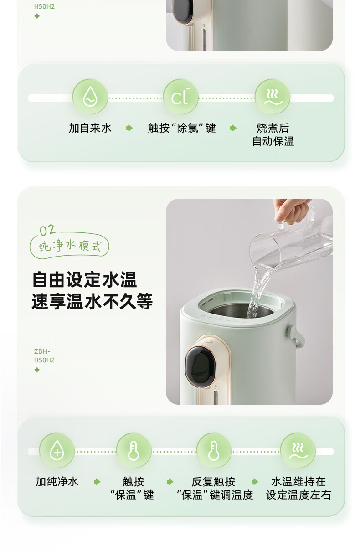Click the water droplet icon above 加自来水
90,97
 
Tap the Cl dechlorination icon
181,97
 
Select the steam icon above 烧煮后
273,97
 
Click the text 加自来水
90,128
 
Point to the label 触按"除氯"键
182,128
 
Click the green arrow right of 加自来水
129,128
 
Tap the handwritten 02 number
47,230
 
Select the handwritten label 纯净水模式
70,246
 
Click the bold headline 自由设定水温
84,280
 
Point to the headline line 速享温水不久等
92,301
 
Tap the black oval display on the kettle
200,366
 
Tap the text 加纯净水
57,482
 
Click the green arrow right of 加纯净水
97,482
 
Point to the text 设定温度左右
298,494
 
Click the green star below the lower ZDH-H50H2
37,370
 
